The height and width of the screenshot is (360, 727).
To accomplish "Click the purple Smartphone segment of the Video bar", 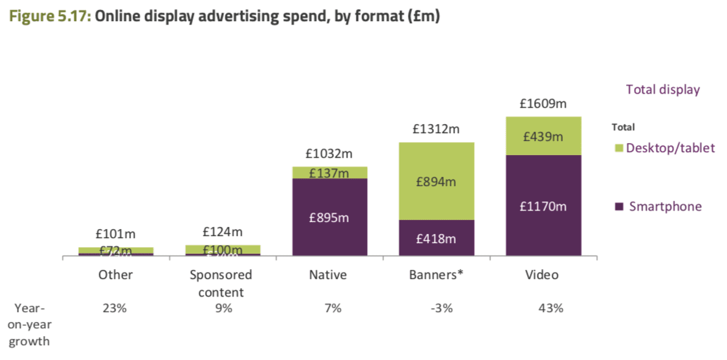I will (x=543, y=206).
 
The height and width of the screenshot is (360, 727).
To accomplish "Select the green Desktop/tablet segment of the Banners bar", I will (x=436, y=181).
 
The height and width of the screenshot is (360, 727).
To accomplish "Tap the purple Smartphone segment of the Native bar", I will (x=330, y=217).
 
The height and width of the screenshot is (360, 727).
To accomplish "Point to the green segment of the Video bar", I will (x=543, y=136).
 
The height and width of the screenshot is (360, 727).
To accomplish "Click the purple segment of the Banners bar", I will (x=436, y=238).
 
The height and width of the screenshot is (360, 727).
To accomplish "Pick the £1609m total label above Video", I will (x=543, y=104).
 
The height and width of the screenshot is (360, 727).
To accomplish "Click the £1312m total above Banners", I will (x=436, y=129).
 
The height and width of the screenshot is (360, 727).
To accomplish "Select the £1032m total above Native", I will (x=329, y=153).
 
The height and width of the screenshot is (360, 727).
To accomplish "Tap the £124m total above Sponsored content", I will (x=222, y=231).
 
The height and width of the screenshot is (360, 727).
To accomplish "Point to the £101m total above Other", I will (x=116, y=235).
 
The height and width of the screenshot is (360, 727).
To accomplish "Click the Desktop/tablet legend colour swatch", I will (x=619, y=148).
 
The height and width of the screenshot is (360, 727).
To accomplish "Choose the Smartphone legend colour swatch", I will (x=619, y=206).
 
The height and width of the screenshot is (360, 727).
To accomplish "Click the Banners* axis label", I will (x=436, y=275).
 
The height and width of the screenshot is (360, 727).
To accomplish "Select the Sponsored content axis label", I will (x=222, y=283).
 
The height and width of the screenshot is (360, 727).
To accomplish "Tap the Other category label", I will (x=116, y=275).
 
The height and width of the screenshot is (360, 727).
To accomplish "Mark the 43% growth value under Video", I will (x=550, y=309).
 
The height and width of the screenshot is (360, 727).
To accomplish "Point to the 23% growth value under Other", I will (x=116, y=309).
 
